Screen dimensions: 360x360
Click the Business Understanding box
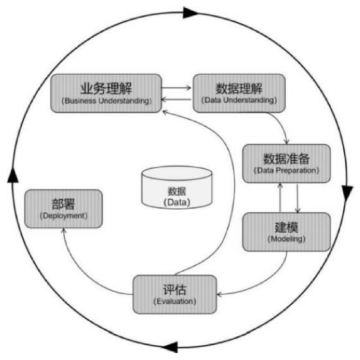point(106,93)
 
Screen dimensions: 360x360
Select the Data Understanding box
point(239,93)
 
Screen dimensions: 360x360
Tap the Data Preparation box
point(286,164)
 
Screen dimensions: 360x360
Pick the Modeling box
point(286,232)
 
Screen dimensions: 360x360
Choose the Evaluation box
point(175,295)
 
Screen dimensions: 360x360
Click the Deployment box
point(63,208)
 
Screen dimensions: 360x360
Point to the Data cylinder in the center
point(176,187)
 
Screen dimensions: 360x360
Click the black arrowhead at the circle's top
point(190,13)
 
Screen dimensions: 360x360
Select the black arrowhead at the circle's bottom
point(171,347)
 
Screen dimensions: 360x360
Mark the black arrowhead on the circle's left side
point(13,175)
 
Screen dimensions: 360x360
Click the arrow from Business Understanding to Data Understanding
point(176,88)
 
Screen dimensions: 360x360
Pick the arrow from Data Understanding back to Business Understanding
point(176,99)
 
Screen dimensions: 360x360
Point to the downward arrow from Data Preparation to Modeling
point(297,198)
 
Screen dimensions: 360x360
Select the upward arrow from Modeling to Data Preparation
point(280,198)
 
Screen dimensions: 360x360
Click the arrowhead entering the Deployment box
point(64,230)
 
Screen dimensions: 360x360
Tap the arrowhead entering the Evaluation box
point(219,294)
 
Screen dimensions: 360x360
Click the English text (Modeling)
point(286,239)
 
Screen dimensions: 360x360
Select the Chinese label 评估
point(175,290)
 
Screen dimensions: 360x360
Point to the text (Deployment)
point(63,216)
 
